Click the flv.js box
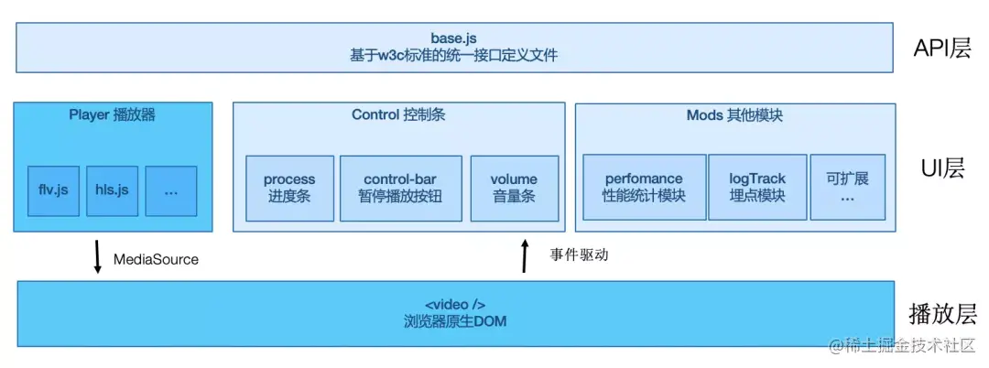coord(53,190)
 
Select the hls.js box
coord(112,190)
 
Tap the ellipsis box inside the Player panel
coord(170,190)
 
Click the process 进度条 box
coord(289,188)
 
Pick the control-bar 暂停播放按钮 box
coord(400,188)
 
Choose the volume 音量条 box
coord(514,188)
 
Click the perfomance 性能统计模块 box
coord(644,187)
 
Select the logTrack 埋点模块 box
coord(757,187)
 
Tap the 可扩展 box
coord(847,187)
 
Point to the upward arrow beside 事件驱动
coord(525,256)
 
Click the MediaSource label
coord(156,259)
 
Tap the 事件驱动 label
coord(579,255)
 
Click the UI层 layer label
coord(942,168)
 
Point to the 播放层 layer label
coord(942,315)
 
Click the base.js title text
coord(454,38)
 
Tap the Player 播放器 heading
coord(113,115)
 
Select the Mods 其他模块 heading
coord(734,115)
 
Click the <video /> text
coord(454,304)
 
